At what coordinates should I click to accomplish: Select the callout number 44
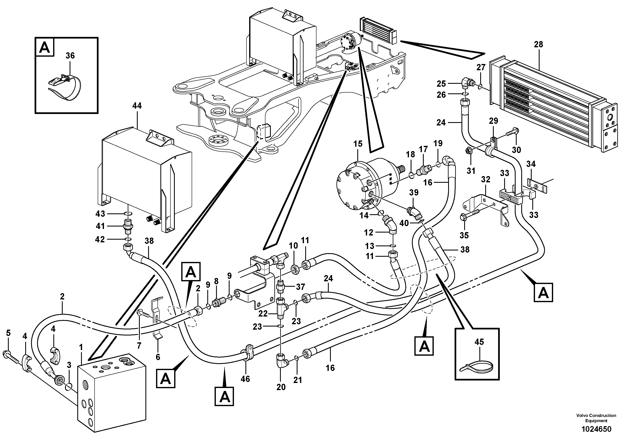[x=137, y=106]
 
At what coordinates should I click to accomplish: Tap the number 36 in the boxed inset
[x=70, y=56]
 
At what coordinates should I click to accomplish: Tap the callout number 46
[x=245, y=379]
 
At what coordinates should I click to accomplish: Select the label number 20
[x=281, y=387]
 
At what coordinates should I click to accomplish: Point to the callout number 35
[x=464, y=235]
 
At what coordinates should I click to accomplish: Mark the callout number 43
[x=100, y=214]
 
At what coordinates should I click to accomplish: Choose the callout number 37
[x=300, y=287]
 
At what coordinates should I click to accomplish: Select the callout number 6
[x=158, y=357]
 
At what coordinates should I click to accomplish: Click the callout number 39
[x=414, y=193]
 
